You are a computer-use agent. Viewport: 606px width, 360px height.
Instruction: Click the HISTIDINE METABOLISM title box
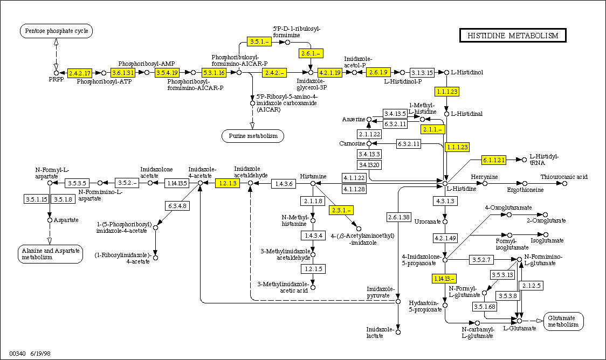[513, 36]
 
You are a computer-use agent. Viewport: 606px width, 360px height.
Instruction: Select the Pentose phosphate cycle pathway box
[57, 31]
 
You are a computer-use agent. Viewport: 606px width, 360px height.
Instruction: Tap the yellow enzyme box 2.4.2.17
[80, 72]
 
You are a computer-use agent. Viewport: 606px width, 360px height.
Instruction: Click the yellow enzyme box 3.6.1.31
[122, 72]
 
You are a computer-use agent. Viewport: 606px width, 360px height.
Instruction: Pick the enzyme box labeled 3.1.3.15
[422, 72]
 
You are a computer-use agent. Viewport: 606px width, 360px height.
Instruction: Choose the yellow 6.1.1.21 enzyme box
[494, 160]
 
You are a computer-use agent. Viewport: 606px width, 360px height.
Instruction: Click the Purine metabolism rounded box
[253, 136]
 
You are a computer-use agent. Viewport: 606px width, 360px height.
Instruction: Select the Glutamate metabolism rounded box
[563, 321]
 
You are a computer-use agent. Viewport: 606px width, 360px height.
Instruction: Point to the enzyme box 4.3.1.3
[445, 201]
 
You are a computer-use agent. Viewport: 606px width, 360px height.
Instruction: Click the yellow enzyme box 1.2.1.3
[227, 183]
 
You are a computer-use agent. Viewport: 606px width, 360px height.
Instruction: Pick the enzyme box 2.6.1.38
[398, 217]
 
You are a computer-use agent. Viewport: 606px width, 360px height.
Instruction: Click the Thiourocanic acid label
[564, 177]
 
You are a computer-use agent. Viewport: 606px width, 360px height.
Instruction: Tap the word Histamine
[313, 176]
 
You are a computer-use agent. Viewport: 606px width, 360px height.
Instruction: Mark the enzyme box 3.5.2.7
[480, 260]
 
